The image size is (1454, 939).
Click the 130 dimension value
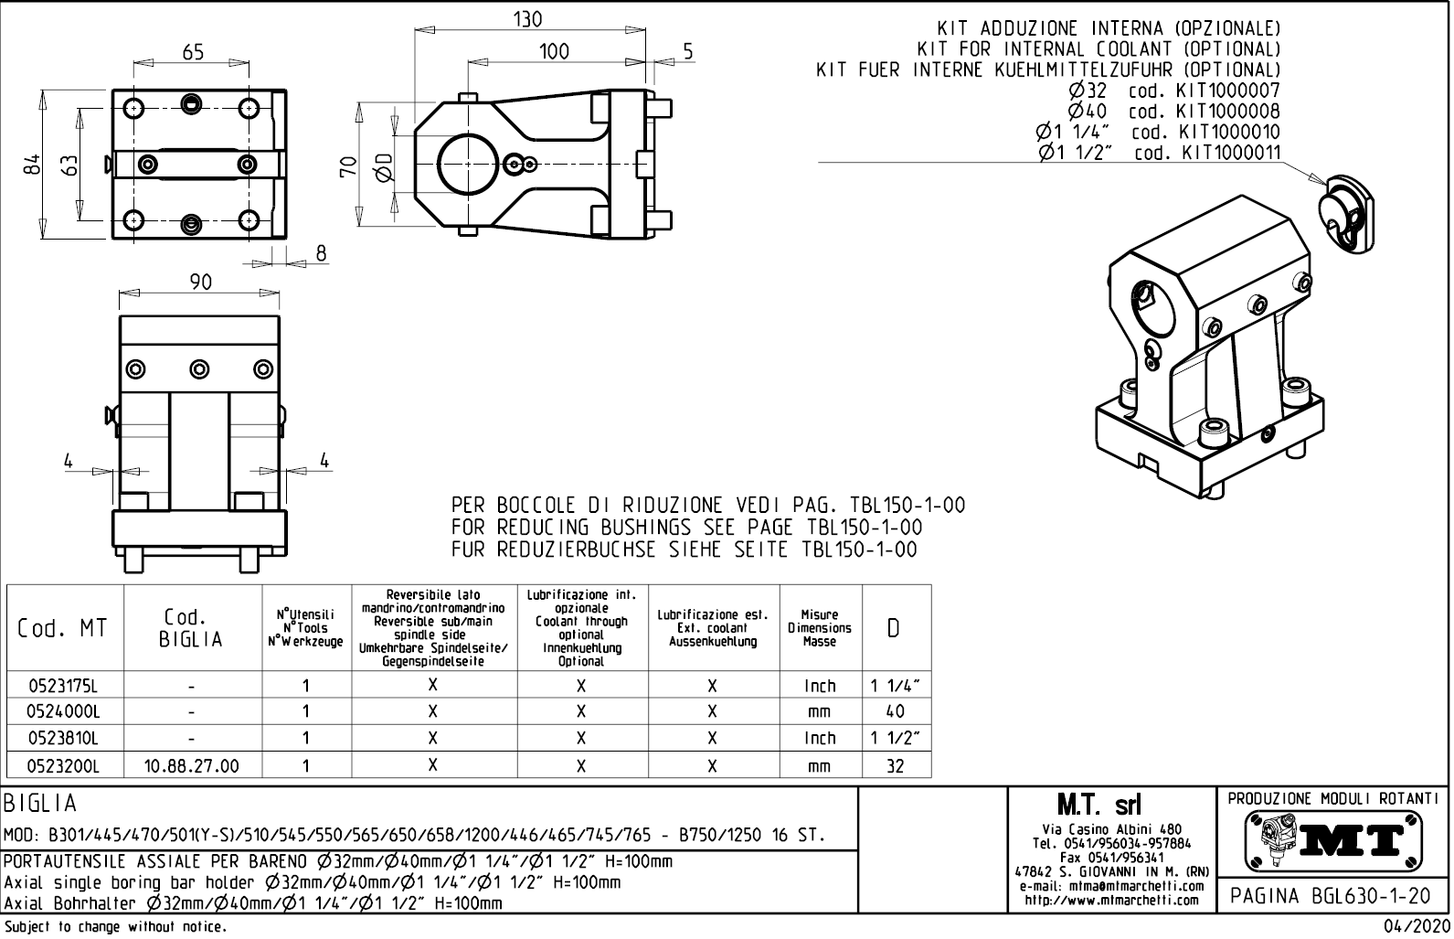coord(528,19)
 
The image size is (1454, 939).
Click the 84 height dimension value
coord(33,165)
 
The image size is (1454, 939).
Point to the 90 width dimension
coord(200,283)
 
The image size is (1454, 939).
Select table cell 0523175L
coord(63,686)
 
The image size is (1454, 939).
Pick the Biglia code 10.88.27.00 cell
coord(192,766)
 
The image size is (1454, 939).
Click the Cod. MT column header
coord(62,628)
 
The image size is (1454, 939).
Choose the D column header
coord(895,628)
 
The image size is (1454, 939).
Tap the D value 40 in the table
coord(895,711)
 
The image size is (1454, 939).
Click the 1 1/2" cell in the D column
coord(895,738)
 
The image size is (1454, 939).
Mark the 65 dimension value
coord(193,52)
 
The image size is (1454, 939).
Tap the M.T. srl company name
coord(1111,806)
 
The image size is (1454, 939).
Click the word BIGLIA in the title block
coord(41,804)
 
